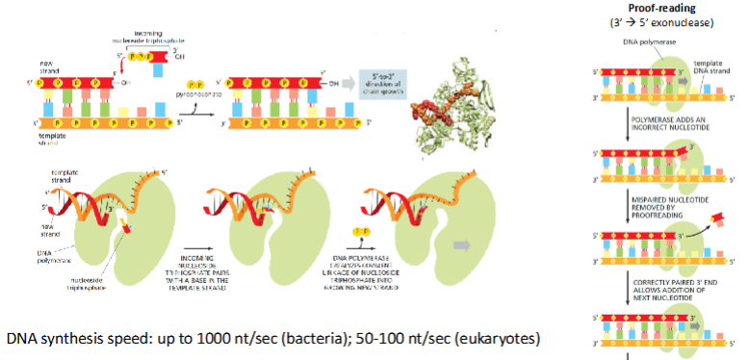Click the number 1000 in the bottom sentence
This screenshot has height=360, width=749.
(231, 340)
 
